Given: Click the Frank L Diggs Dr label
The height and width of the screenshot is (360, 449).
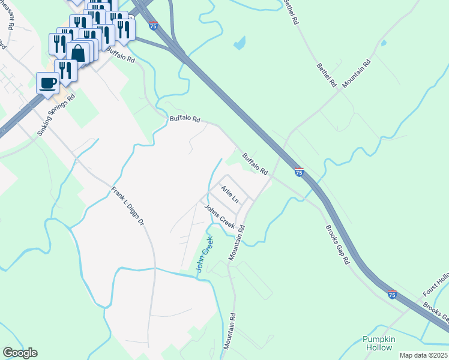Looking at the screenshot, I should click(x=128, y=206).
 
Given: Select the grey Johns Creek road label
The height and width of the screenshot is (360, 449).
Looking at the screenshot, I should click(x=219, y=217).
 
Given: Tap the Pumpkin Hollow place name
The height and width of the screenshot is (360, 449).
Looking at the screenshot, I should click(x=379, y=343).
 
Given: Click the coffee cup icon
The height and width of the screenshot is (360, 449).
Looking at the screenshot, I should click(x=47, y=83).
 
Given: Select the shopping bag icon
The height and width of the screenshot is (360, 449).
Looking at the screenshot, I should click(x=78, y=53).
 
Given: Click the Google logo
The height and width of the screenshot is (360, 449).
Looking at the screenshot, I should click(x=20, y=353).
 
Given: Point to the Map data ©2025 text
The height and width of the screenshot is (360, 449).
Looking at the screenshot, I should click(x=423, y=355).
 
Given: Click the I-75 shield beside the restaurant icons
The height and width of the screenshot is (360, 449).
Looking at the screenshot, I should click(x=154, y=26).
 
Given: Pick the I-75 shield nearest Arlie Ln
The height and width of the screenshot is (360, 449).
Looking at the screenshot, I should click(x=299, y=172).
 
